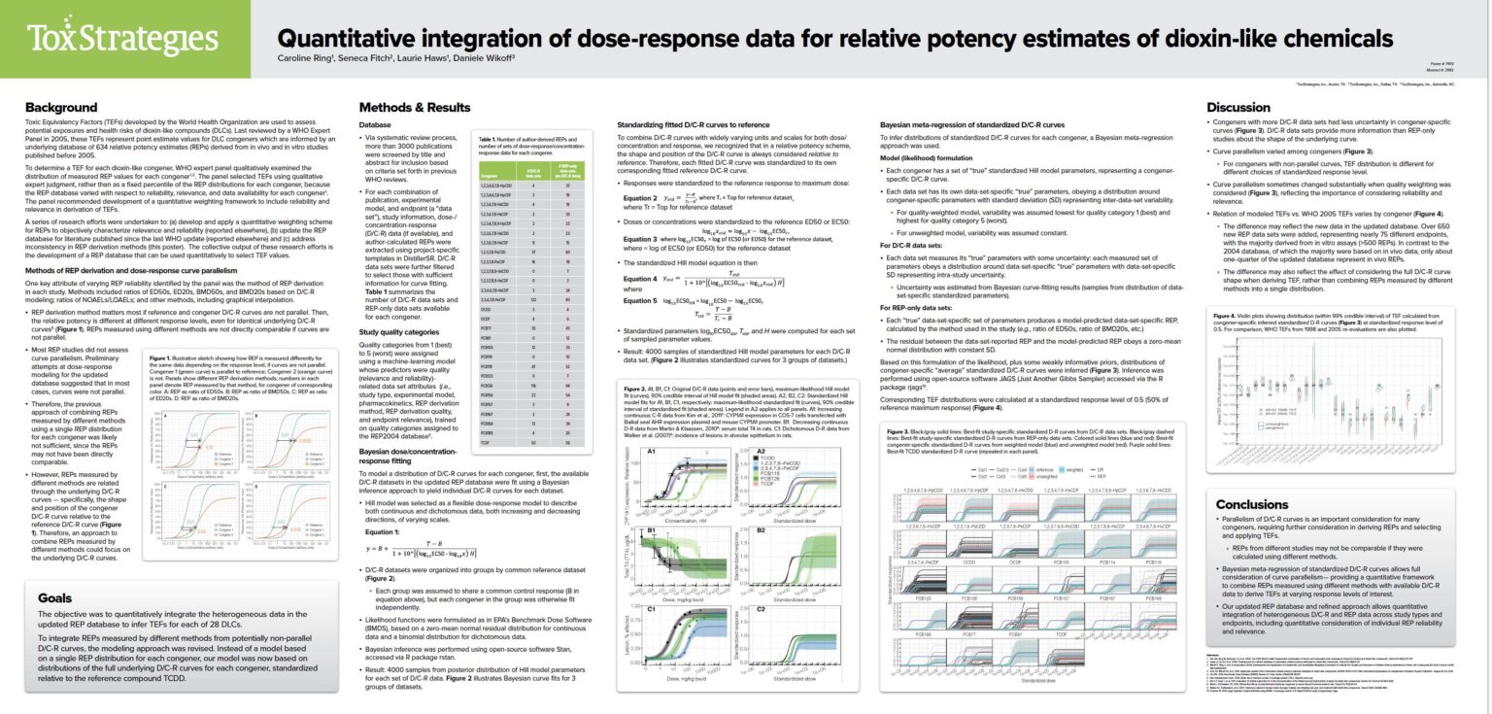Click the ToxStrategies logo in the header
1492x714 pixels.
124,38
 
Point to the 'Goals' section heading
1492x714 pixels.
55,598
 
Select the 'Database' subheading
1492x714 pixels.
376,124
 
